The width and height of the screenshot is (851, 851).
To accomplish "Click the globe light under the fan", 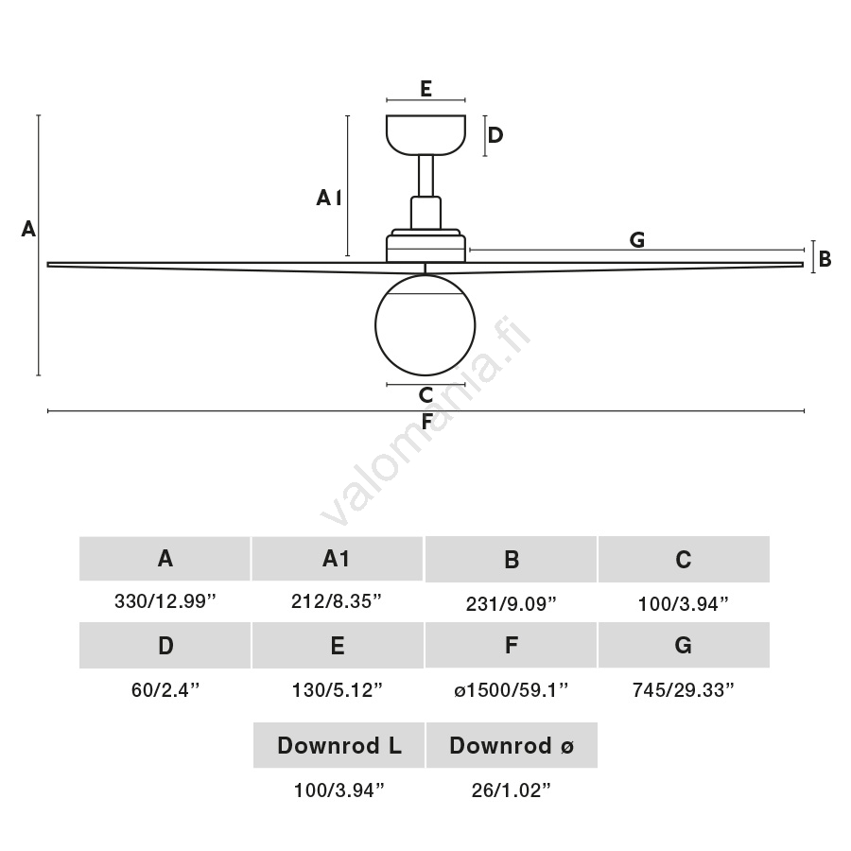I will click(425, 324).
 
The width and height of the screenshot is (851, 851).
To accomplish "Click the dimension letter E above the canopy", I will click(425, 89).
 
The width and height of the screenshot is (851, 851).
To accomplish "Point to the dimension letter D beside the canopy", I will click(495, 135).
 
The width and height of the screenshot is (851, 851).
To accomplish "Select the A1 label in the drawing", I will click(328, 198).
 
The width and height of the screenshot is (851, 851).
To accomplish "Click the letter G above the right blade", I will click(637, 240).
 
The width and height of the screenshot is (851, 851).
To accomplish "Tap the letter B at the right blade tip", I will click(825, 258).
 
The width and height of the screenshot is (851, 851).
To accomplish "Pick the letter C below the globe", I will click(425, 395).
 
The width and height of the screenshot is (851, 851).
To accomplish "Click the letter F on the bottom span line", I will click(426, 422).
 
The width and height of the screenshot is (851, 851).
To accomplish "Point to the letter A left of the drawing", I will click(28, 229).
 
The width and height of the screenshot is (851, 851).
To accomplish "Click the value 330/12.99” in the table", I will click(165, 602).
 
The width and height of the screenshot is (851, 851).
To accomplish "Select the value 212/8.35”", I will click(338, 602).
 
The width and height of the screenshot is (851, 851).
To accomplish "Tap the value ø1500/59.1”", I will click(511, 690).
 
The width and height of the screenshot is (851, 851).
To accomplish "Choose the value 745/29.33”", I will click(683, 690).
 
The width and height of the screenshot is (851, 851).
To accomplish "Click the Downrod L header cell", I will click(339, 746).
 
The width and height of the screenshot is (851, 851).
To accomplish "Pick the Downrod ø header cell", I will click(511, 746).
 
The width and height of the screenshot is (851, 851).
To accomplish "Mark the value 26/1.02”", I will click(511, 790).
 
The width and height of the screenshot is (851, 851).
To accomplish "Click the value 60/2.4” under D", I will click(165, 690).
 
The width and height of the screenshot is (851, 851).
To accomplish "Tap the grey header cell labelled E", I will click(338, 646).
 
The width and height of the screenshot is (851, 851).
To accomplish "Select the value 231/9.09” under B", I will click(511, 602).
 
